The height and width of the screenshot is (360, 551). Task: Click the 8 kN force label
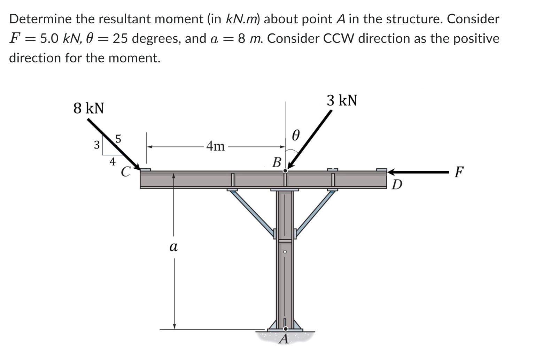89,108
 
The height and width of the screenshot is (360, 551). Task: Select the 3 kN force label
342,100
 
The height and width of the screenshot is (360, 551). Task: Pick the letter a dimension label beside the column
173,247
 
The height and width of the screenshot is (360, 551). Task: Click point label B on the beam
277,162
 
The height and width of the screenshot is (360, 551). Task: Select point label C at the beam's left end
125,172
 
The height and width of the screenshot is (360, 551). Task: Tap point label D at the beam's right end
397,184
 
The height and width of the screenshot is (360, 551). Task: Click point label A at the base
284,339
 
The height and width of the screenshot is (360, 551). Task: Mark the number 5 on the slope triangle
118,139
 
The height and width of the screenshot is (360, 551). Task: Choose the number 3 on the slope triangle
96,144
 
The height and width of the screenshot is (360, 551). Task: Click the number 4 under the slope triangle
112,161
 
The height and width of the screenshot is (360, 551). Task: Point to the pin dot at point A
285,329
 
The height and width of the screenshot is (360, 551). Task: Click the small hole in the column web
285,251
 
